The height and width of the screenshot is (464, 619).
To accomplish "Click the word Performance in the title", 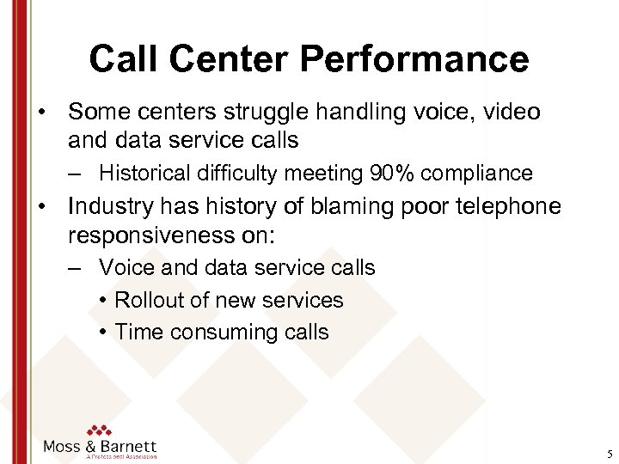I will pos(415,59).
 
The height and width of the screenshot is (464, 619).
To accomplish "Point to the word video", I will pos(510,113).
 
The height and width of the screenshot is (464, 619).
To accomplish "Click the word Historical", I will pos(144,174).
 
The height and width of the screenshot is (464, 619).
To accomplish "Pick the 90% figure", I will pos(395,174).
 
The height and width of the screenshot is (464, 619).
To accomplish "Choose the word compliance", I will pos(478,174).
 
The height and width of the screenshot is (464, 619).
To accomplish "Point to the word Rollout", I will pos(148,300).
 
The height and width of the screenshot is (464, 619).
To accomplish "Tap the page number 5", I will pos(608,454).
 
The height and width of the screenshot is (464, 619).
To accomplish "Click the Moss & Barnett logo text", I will pos(100,446).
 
